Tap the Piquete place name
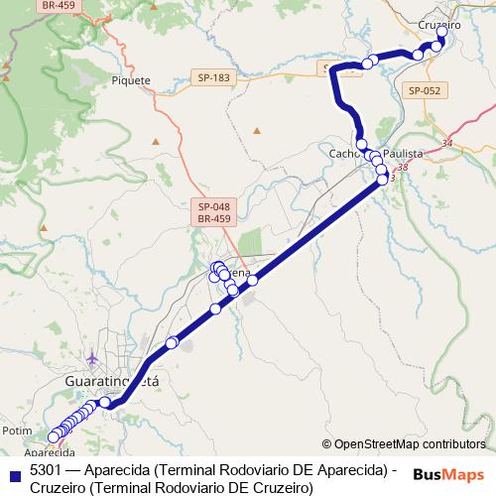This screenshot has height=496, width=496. click(132, 80)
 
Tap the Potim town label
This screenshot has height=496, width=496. click(17, 431)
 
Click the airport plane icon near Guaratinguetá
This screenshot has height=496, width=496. click(92, 356)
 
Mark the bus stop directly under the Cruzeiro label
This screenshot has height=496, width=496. click(441, 33)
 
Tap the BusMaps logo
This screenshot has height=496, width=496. click(448, 474)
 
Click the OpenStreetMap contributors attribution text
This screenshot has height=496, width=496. click(409, 443)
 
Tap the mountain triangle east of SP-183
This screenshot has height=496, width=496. click(256, 130)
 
